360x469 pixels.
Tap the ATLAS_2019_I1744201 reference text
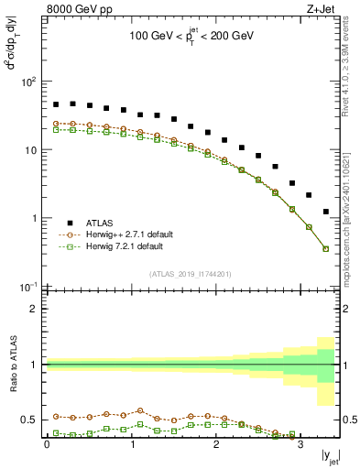(x=191, y=274)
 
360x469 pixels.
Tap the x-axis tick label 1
(x=131, y=444)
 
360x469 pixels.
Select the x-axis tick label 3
(x=300, y=444)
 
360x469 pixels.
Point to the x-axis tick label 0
(x=47, y=444)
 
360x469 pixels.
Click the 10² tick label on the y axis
(x=28, y=82)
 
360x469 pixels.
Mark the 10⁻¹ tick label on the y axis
(x=28, y=287)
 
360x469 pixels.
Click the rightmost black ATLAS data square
(x=326, y=212)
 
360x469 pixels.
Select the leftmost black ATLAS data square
(x=56, y=104)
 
